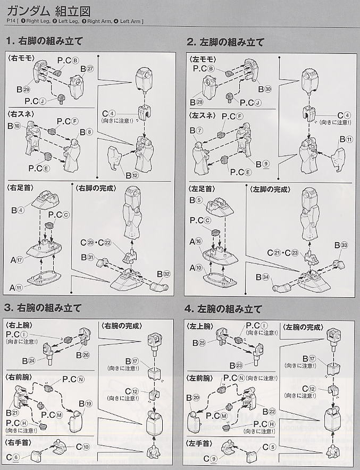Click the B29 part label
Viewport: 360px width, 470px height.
(x=23, y=89)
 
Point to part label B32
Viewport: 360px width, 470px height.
(x=163, y=274)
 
